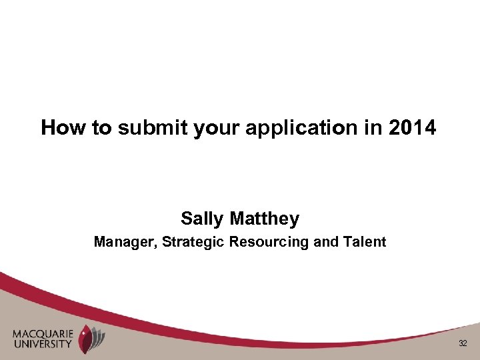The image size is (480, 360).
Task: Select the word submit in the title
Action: click(x=153, y=128)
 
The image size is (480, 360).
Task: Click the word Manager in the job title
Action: click(x=123, y=242)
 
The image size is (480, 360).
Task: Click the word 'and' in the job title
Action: click(x=326, y=242)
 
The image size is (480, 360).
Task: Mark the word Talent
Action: click(x=364, y=242)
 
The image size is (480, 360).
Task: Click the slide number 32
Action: click(x=463, y=343)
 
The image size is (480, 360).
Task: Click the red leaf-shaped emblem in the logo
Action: click(x=85, y=339)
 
